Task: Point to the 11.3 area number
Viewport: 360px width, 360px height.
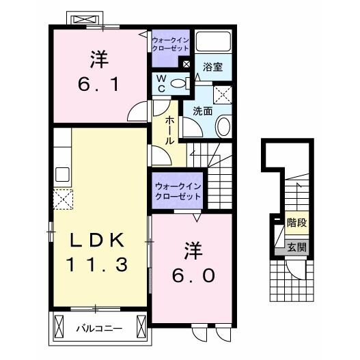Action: (97, 264)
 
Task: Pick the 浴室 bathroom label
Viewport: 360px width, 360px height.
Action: (212, 67)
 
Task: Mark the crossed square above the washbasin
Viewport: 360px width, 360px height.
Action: (223, 94)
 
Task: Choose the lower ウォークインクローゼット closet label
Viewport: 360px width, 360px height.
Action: (178, 191)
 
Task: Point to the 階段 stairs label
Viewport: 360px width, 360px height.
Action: (296, 222)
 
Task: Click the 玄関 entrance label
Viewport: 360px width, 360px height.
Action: (295, 247)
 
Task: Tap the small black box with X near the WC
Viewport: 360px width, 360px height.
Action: (185, 64)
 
